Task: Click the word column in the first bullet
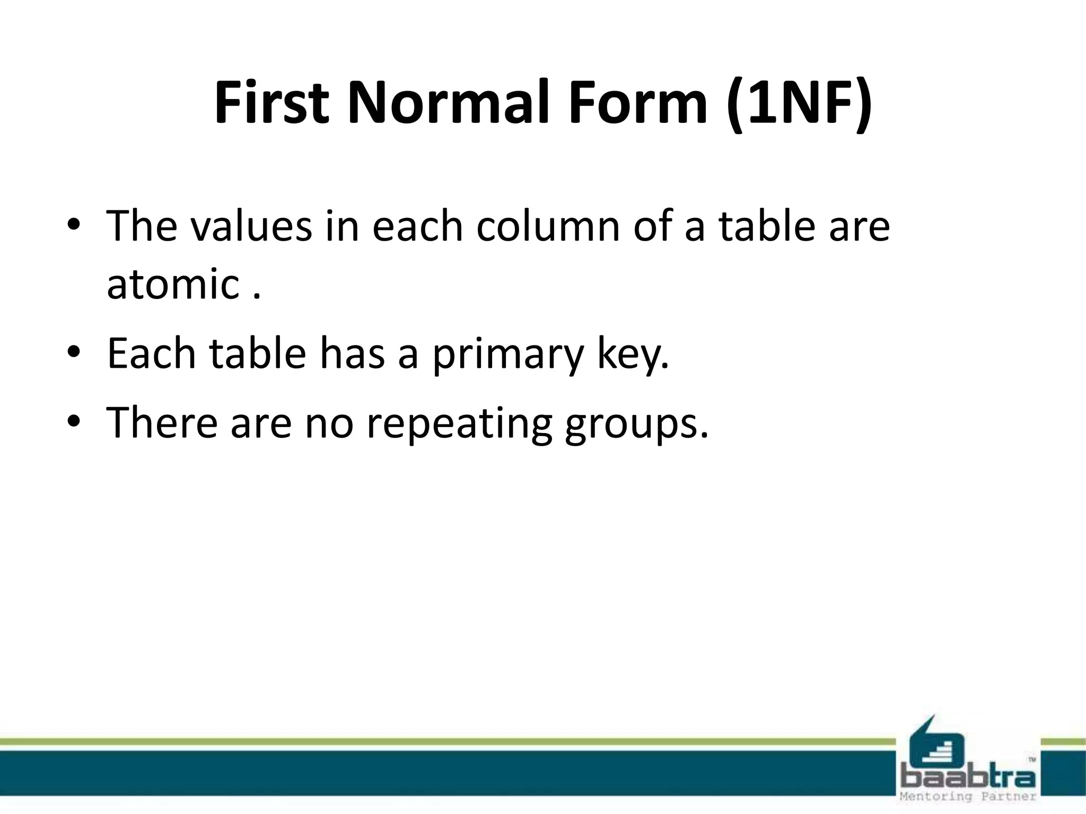click(548, 227)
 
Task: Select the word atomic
click(173, 284)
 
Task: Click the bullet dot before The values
click(74, 226)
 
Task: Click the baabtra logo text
click(967, 777)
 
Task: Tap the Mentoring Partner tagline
click(967, 797)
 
